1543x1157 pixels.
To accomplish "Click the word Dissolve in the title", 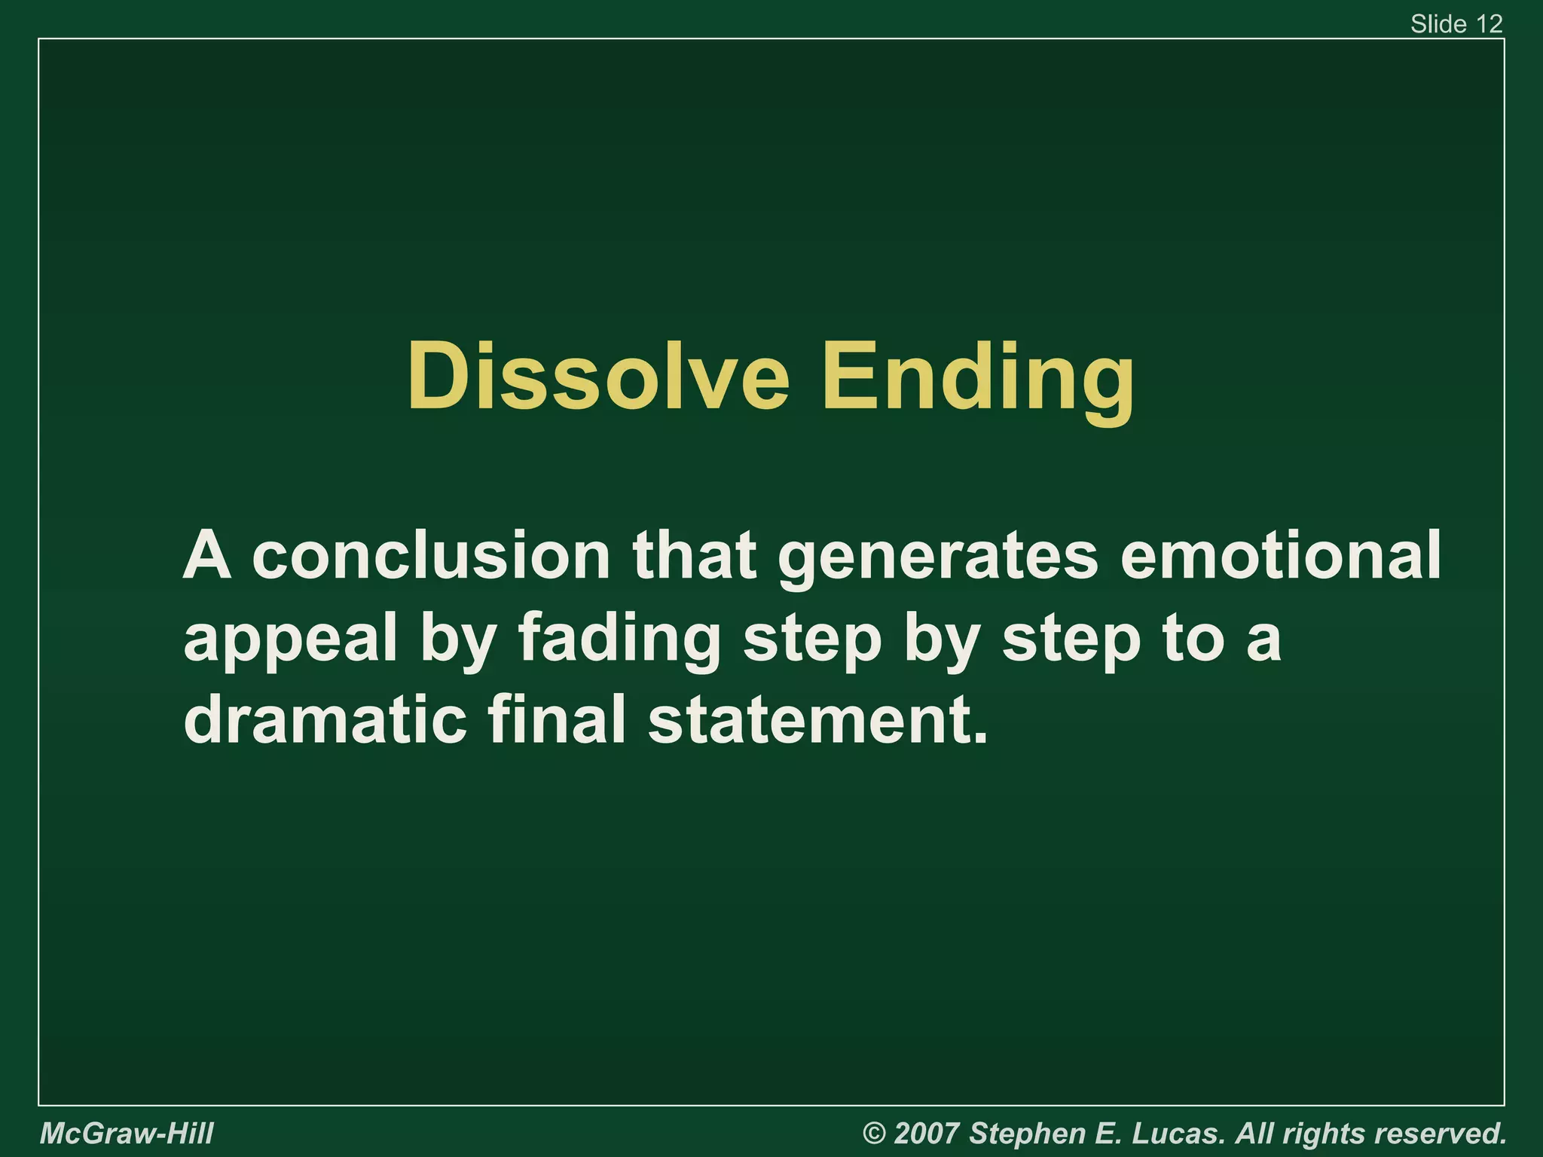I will (x=598, y=377).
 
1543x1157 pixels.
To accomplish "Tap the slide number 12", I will (x=1490, y=24).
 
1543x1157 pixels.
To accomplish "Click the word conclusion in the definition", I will (x=431, y=555).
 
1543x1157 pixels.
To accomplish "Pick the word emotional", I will (x=1280, y=555).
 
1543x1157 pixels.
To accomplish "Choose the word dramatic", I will (x=325, y=719).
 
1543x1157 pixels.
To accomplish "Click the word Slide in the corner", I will (x=1438, y=24).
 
